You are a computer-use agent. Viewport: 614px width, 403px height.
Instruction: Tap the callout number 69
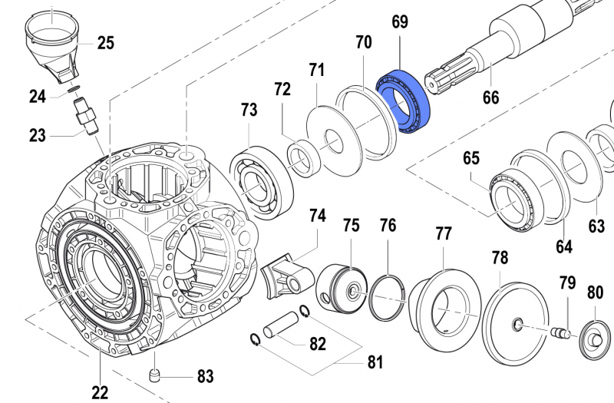click(400, 22)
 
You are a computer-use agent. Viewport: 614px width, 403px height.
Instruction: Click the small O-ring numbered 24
click(71, 91)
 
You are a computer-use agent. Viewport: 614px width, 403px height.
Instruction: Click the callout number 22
click(100, 392)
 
